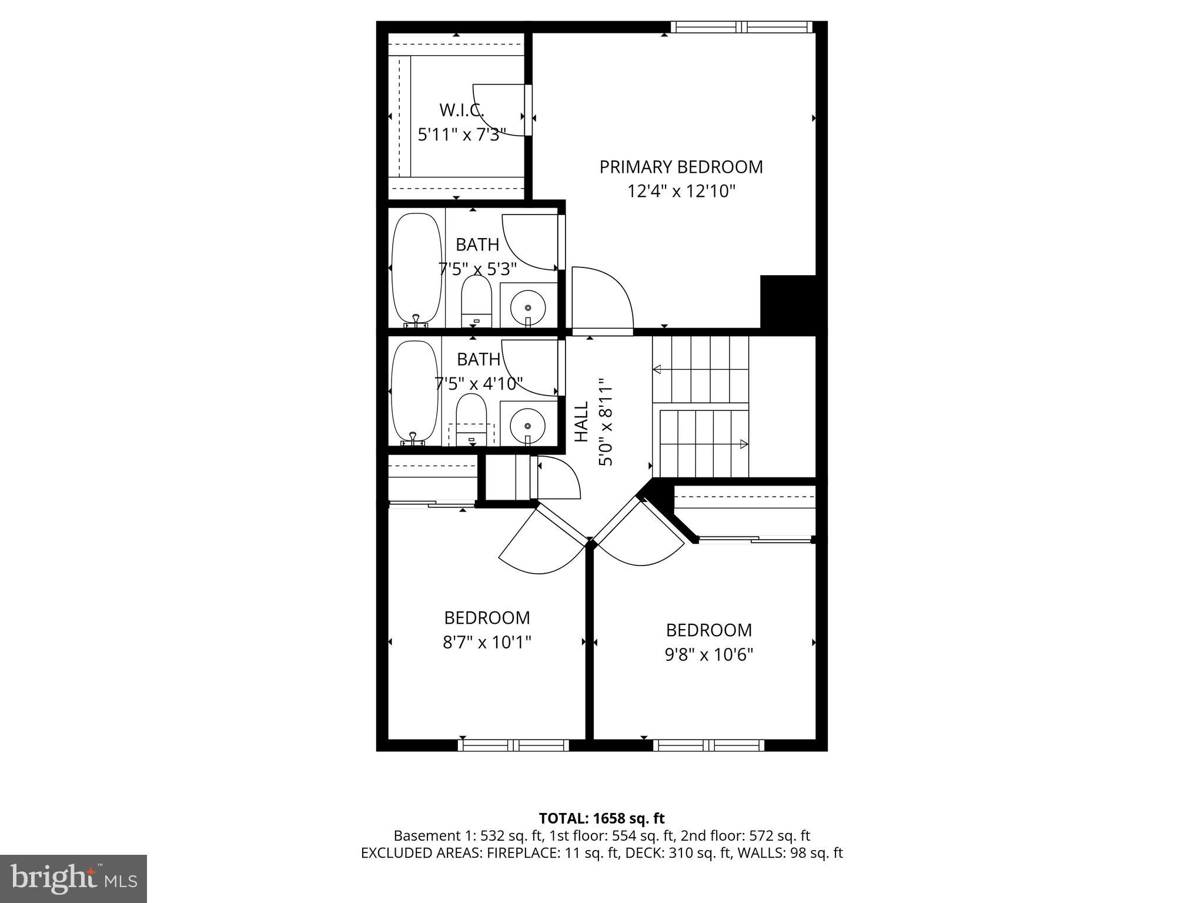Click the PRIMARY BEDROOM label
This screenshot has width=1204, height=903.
coord(681,167)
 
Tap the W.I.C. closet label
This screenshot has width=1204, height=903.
coord(461,110)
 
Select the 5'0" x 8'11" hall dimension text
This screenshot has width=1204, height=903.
coord(606,422)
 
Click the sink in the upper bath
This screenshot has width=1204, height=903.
coord(528,307)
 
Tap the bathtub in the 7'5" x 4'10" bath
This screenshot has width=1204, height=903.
coord(414,391)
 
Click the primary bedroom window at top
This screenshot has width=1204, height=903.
coord(741,27)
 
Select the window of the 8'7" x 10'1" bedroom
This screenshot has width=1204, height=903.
coord(513,745)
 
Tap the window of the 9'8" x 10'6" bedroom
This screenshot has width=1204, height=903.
coord(708,745)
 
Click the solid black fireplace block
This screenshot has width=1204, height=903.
coord(788,302)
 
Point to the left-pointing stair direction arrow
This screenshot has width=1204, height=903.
coord(657,369)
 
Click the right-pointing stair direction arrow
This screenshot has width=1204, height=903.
coord(744,444)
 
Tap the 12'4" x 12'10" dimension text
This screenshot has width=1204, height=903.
coord(681,192)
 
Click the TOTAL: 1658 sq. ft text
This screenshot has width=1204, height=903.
coord(601,818)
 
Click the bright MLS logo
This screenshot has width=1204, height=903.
coord(73,878)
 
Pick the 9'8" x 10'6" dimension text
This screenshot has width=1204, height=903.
coord(708,655)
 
